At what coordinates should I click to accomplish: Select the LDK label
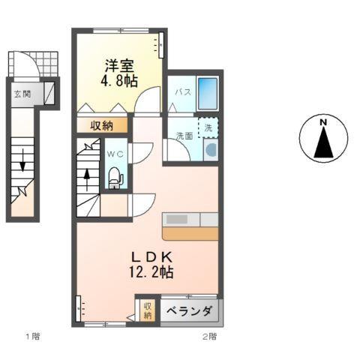(x=155, y=256)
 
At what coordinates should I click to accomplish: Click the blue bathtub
(x=208, y=94)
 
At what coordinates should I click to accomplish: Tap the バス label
(x=182, y=92)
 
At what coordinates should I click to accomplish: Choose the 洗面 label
(x=184, y=136)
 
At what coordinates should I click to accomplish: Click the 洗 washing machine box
(x=209, y=127)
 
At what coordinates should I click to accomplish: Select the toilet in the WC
(x=115, y=177)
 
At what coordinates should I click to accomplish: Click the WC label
(x=115, y=154)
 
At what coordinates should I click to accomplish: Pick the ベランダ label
(x=189, y=311)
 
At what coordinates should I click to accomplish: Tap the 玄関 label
(x=21, y=94)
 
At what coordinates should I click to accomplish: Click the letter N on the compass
(x=322, y=122)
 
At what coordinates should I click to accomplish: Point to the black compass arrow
(x=323, y=143)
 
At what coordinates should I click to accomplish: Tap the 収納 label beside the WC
(x=103, y=126)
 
